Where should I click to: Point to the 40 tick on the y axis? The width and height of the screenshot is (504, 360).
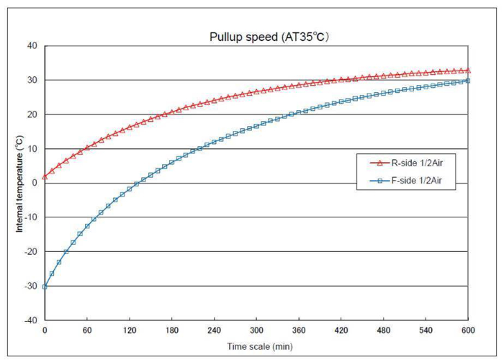coord(32,45)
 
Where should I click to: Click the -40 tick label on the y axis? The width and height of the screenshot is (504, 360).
coord(30,320)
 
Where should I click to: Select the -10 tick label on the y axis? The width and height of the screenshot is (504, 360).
coord(30,217)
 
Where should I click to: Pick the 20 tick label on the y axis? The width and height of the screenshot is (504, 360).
coord(32,114)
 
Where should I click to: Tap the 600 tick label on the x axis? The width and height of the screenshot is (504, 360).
coord(469,330)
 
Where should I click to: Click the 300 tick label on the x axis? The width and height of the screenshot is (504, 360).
coord(256,330)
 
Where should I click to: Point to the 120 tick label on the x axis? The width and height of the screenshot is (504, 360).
coord(129,330)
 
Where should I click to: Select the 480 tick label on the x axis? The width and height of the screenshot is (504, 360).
coord(384,330)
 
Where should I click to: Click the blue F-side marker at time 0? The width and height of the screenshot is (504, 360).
coord(45,287)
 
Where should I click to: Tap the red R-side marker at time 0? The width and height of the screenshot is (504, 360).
coord(45,176)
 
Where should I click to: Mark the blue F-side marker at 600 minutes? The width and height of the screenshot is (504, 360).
coord(469,81)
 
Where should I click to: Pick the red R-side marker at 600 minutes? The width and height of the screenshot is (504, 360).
coord(469,70)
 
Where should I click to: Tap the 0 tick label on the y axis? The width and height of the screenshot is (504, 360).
coord(35,183)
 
